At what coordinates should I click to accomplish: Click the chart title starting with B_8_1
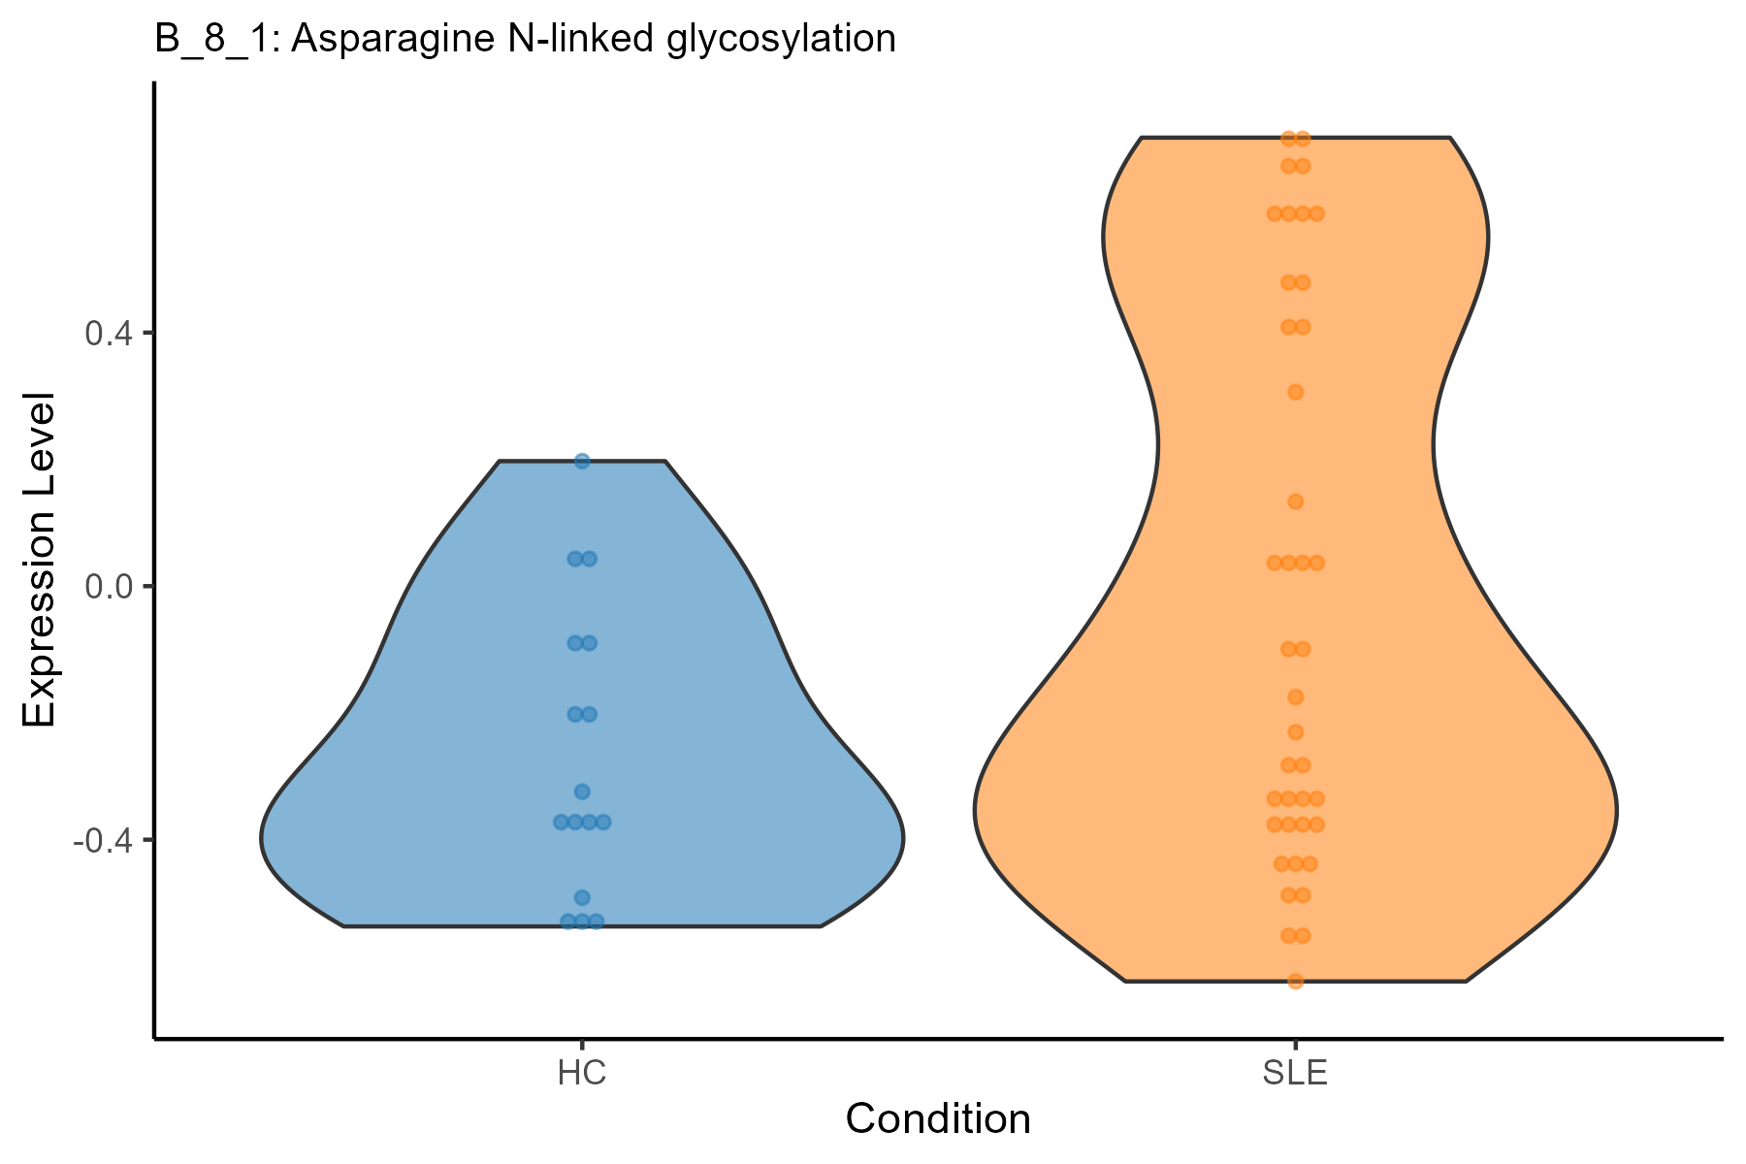524,40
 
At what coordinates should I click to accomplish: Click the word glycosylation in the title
782,40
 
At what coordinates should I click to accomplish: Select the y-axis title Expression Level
40,560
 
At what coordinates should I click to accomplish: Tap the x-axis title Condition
938,1119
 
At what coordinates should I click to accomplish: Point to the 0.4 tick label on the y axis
107,334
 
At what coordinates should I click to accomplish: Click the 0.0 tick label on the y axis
107,587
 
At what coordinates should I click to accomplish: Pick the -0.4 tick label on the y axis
102,840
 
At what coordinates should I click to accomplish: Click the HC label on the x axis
582,1075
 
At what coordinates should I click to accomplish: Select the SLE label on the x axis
1295,1075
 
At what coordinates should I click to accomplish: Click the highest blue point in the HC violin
582,461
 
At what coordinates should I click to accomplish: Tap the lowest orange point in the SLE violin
1295,981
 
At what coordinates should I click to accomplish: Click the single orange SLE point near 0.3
1295,392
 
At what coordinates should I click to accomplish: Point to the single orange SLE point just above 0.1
1295,501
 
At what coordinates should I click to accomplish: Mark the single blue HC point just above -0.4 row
582,792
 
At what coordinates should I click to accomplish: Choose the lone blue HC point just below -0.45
582,897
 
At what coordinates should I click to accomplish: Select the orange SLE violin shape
1164,679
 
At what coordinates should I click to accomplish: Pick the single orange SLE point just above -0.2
1295,696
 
